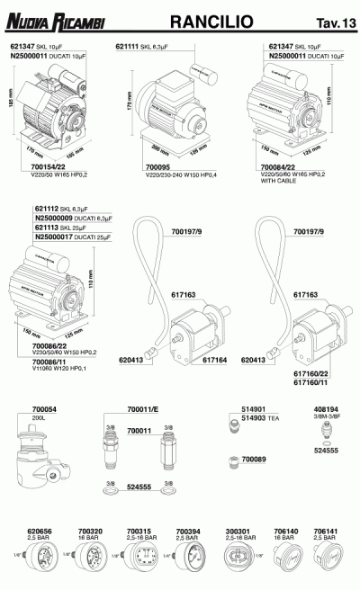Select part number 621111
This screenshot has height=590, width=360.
(x=127, y=44)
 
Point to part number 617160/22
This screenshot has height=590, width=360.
(x=309, y=371)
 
